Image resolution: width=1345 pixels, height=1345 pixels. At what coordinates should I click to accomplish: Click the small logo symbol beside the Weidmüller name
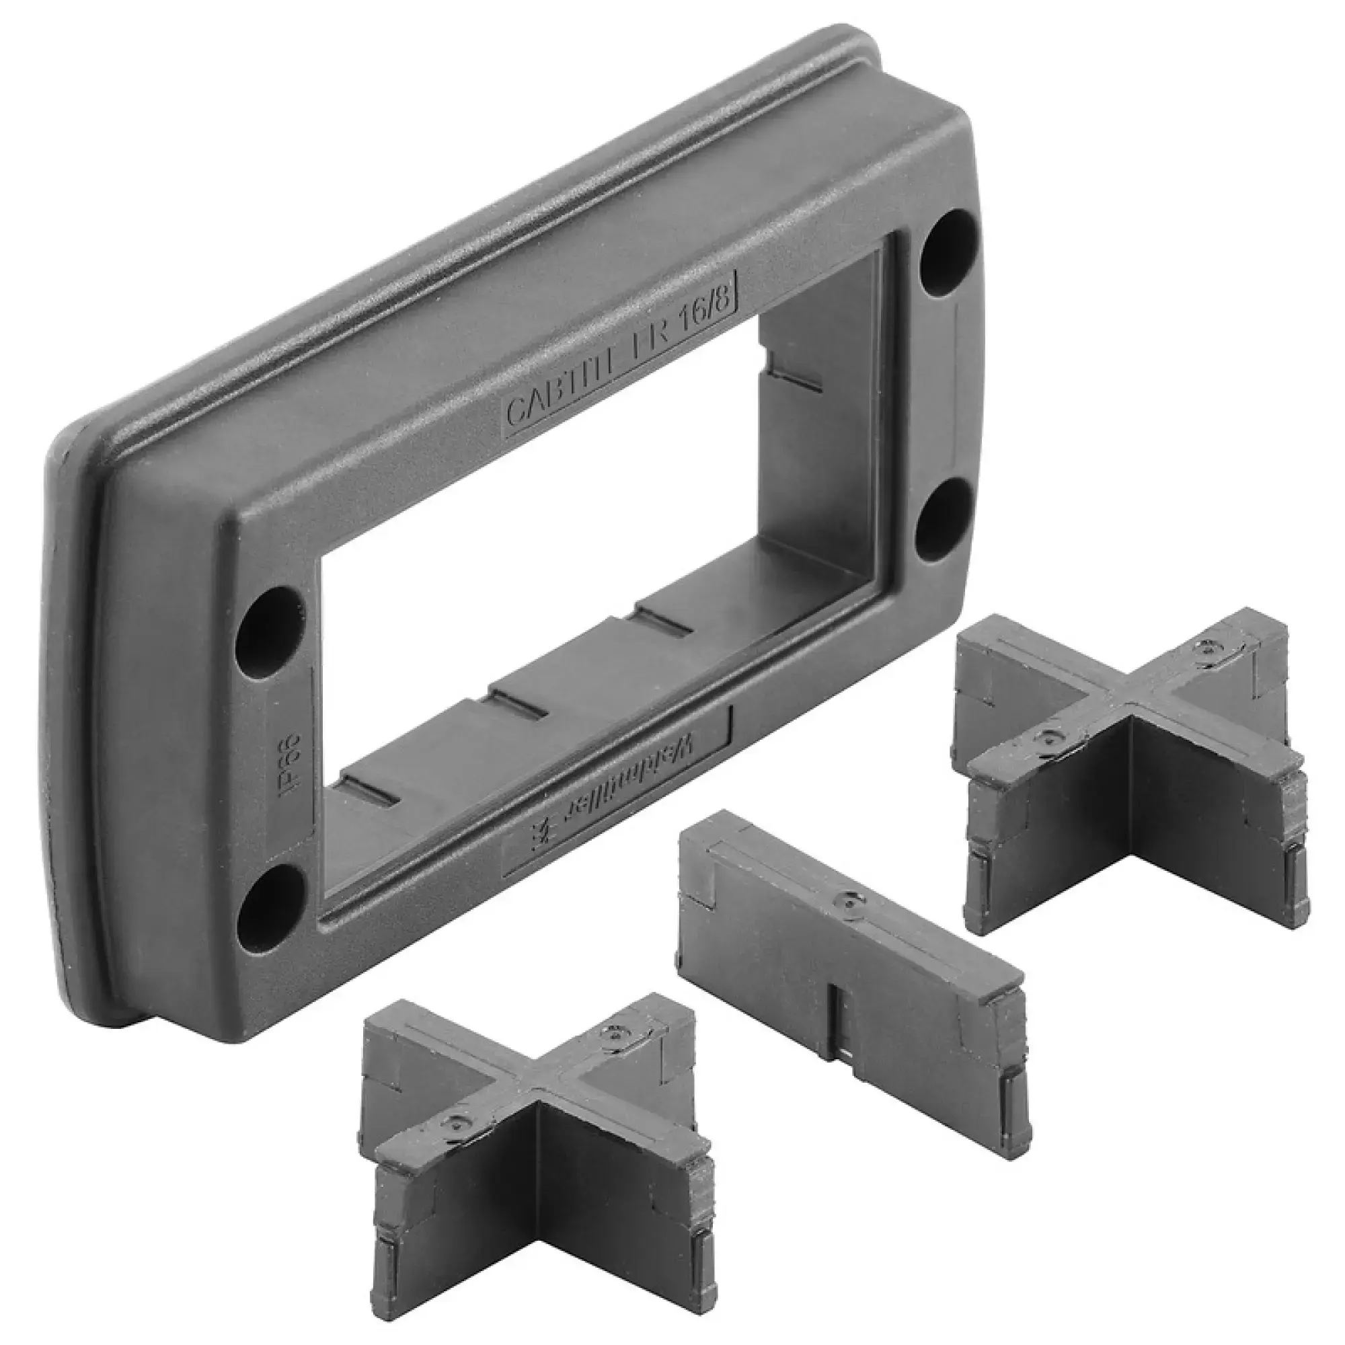click(537, 835)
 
